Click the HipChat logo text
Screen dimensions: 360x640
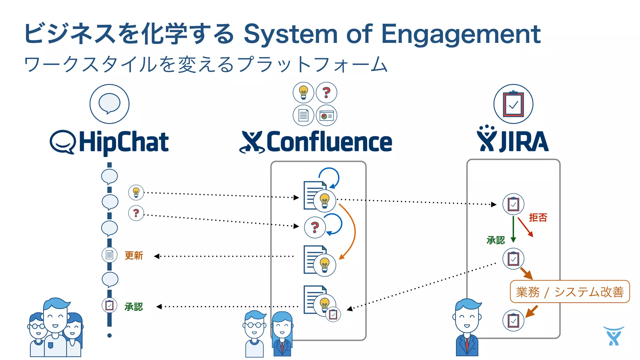[123, 142]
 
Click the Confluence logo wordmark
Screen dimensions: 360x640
[329, 142]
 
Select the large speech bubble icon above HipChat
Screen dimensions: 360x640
[109, 104]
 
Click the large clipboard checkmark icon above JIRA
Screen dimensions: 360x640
[513, 104]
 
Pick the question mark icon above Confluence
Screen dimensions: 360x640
[326, 92]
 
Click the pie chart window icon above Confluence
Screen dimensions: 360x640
[326, 116]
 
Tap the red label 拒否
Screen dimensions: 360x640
[538, 217]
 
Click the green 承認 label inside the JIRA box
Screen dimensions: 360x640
[496, 240]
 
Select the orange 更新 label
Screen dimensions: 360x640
[134, 256]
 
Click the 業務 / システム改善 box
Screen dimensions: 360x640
[569, 292]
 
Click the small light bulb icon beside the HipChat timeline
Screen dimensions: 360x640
[136, 192]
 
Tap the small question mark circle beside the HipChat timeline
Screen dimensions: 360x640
[136, 213]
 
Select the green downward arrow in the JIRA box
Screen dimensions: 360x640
[513, 230]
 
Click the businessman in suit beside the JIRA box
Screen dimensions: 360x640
[467, 328]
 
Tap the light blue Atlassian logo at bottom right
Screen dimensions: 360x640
[613, 336]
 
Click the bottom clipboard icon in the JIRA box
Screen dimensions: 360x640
[513, 320]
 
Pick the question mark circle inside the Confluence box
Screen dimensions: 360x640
[315, 227]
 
